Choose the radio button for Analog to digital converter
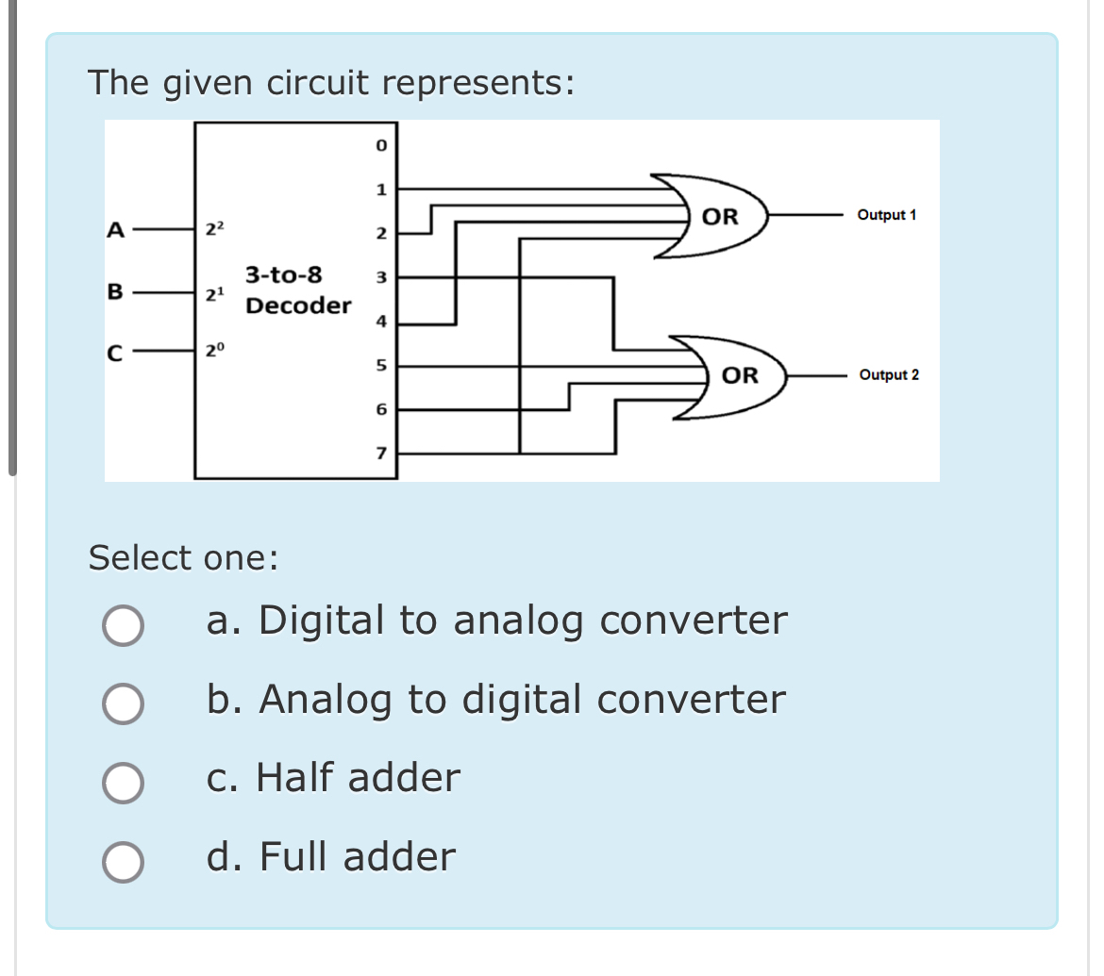pyautogui.click(x=124, y=703)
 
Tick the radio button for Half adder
pyautogui.click(x=124, y=783)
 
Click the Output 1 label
pyautogui.click(x=886, y=216)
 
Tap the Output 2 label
pyautogui.click(x=889, y=375)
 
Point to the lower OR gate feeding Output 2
pyautogui.click(x=738, y=375)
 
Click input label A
pyautogui.click(x=116, y=229)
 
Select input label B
pyautogui.click(x=115, y=291)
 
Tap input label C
pyautogui.click(x=115, y=355)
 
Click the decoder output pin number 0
pyautogui.click(x=380, y=146)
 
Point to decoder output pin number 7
pyautogui.click(x=380, y=454)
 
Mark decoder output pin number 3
pyautogui.click(x=380, y=278)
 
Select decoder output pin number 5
pyautogui.click(x=380, y=365)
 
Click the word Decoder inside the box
pyautogui.click(x=298, y=306)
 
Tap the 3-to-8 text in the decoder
pyautogui.click(x=283, y=275)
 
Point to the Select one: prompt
pyautogui.click(x=183, y=558)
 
